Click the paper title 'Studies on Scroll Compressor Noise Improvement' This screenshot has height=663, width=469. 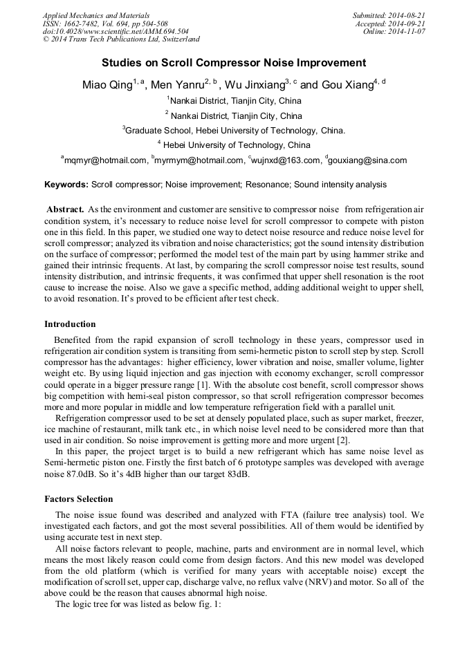click(234, 63)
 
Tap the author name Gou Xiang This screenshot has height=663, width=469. click(348, 85)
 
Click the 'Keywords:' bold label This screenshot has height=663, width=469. click(66, 185)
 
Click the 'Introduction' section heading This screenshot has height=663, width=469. click(70, 324)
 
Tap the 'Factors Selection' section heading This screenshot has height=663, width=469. click(78, 498)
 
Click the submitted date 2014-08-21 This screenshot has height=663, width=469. click(407, 15)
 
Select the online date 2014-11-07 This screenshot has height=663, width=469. click(407, 32)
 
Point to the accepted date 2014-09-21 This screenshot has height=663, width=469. click(407, 24)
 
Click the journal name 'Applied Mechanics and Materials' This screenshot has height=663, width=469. click(96, 15)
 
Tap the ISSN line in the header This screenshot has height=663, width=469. click(105, 24)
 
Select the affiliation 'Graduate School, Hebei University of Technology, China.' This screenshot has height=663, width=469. click(234, 130)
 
